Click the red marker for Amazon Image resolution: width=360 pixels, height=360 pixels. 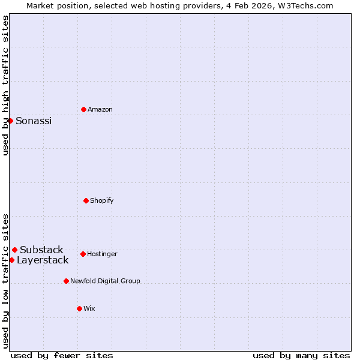(x=83, y=109)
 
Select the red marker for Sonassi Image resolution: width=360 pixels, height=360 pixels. (x=11, y=121)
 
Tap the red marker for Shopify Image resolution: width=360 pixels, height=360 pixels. (x=86, y=200)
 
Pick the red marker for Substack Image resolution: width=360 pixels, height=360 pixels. (x=14, y=250)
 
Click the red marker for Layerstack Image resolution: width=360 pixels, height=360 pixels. (x=11, y=260)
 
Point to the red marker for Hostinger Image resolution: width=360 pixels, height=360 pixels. (x=83, y=254)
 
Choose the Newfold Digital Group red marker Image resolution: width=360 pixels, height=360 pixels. (x=66, y=281)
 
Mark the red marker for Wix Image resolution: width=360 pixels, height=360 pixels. (x=79, y=308)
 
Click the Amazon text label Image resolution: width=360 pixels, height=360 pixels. (x=100, y=109)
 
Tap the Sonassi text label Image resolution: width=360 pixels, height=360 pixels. (x=34, y=121)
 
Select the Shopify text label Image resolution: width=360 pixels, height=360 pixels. (x=102, y=200)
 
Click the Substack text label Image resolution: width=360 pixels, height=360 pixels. (x=41, y=250)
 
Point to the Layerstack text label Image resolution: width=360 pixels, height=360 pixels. (x=43, y=260)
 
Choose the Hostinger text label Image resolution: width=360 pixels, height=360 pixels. (x=102, y=254)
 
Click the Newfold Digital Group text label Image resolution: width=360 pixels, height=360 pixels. (x=105, y=281)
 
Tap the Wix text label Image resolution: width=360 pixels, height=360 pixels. (x=89, y=308)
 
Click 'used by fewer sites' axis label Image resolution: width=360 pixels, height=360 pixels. (x=62, y=355)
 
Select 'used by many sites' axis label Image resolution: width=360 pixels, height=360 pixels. (x=301, y=355)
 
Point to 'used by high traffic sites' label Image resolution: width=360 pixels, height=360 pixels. (x=5, y=85)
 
